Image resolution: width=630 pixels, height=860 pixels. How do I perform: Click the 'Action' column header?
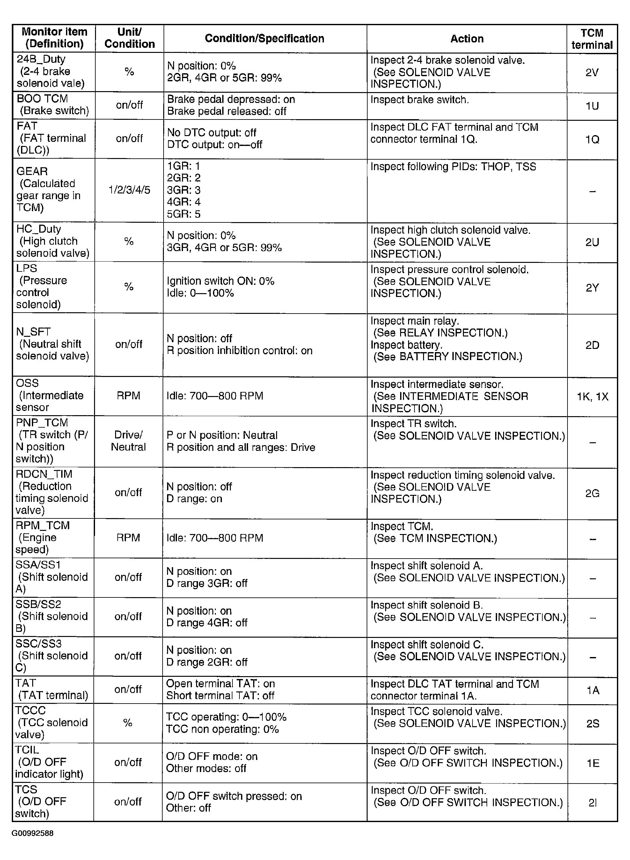coord(466,39)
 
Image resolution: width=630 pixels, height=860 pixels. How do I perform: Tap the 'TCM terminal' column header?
coord(591,39)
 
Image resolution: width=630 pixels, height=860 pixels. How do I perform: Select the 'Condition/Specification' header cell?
coord(264,39)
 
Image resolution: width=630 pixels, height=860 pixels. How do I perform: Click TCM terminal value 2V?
coord(592,72)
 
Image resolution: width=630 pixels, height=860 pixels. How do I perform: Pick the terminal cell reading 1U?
coord(592,106)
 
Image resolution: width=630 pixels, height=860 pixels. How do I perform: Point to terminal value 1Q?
coord(592,140)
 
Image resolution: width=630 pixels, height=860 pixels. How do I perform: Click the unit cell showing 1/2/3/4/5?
coord(129,190)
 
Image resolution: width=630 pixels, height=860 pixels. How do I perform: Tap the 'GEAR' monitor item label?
coord(32,171)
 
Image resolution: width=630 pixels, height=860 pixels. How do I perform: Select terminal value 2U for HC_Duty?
coord(592,242)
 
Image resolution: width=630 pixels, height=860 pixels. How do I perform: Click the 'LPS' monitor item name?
coord(27,268)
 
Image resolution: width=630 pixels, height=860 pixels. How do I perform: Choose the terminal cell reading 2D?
coord(592,345)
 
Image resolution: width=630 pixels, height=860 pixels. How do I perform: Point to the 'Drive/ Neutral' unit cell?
coord(128,441)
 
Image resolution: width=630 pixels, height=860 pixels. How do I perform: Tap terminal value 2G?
coord(592,494)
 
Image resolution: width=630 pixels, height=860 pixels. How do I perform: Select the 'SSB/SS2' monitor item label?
coord(38,604)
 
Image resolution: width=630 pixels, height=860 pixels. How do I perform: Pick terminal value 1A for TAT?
coord(593,690)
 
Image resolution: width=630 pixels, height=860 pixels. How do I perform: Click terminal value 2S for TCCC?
coord(593,724)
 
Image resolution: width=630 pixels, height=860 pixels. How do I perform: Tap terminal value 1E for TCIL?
coord(593,763)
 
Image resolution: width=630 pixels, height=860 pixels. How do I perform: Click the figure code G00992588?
coord(33,833)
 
